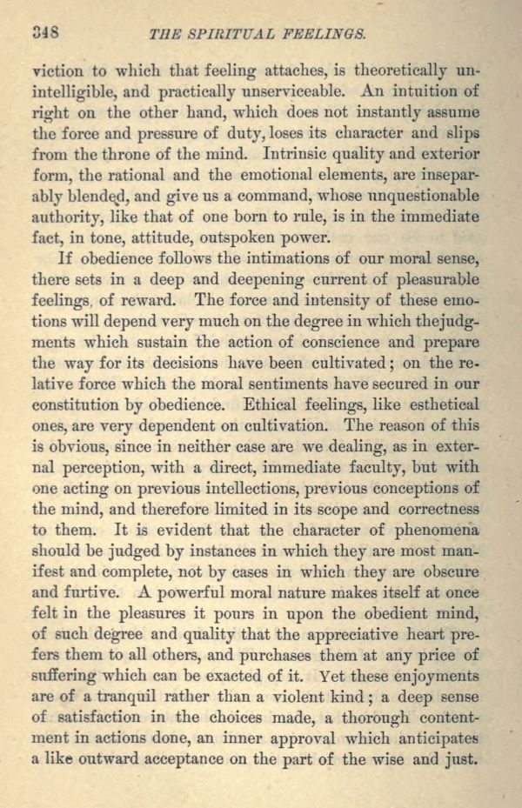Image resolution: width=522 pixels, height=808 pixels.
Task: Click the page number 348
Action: point(44,34)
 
